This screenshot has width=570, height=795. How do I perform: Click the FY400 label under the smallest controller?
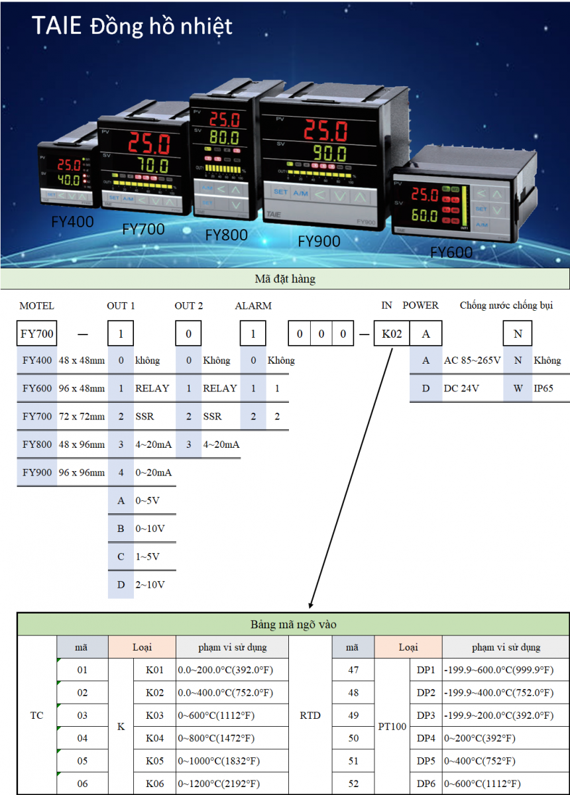pos(73,221)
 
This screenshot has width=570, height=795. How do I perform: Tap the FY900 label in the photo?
pos(319,241)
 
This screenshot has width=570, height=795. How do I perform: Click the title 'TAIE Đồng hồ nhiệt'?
pos(133,26)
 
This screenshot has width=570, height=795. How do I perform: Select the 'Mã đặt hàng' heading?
pos(285,279)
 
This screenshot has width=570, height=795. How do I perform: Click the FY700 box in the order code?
pos(37,334)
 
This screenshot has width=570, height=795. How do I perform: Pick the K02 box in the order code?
pos(391,334)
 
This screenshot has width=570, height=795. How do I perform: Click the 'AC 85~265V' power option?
pos(473,360)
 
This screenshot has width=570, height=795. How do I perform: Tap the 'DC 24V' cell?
pos(461,388)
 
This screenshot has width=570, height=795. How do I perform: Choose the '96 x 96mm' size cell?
pos(82,472)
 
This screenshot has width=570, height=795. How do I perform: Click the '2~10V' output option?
pos(150,584)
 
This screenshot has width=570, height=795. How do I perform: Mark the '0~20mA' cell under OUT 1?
pos(153,472)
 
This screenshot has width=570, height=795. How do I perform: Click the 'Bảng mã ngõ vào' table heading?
pos(293,624)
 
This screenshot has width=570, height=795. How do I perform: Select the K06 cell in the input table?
pos(154,784)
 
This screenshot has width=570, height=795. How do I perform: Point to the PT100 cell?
pos(392,727)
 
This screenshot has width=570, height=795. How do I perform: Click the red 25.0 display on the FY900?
pos(325,130)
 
